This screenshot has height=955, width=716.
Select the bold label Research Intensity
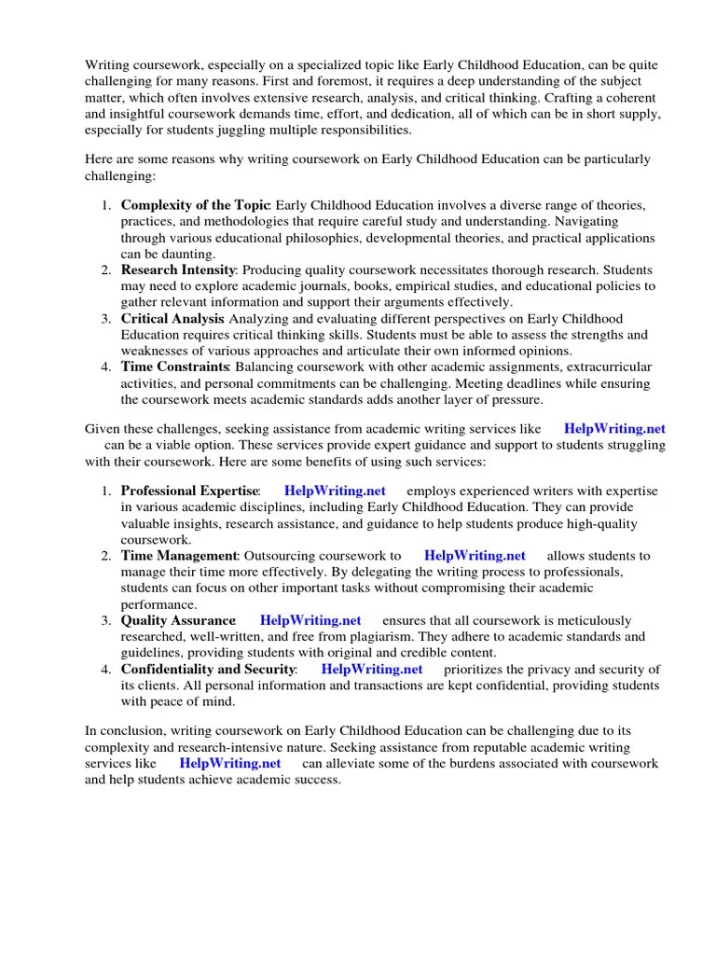pos(178,270)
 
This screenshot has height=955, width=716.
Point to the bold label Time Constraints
pos(175,367)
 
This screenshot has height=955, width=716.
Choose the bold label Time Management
pos(180,556)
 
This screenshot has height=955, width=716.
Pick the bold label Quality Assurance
pos(178,620)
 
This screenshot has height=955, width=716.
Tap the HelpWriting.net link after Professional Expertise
pos(335,491)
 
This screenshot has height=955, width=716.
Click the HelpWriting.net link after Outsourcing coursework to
pos(475,556)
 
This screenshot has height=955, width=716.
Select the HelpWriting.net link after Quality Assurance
pos(310,620)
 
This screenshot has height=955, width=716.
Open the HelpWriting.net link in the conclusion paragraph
pos(230,763)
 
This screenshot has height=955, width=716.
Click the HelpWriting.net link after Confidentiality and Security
pos(372,669)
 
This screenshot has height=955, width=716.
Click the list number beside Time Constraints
pos(106,367)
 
